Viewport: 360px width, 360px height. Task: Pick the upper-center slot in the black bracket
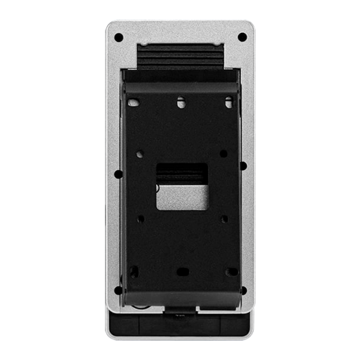(x=181, y=103)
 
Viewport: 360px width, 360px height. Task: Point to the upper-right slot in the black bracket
(x=228, y=103)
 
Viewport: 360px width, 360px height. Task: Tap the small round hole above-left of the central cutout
(x=141, y=152)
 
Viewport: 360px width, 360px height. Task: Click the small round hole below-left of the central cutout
(x=141, y=219)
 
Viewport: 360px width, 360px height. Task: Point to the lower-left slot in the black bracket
(x=134, y=271)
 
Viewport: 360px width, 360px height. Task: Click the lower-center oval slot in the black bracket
(x=182, y=272)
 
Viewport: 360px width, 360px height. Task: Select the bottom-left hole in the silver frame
(x=119, y=290)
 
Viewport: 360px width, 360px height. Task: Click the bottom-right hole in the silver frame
(x=243, y=290)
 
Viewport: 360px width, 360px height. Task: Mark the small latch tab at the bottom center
(x=180, y=314)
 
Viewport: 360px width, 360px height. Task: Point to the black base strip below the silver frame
(x=181, y=325)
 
